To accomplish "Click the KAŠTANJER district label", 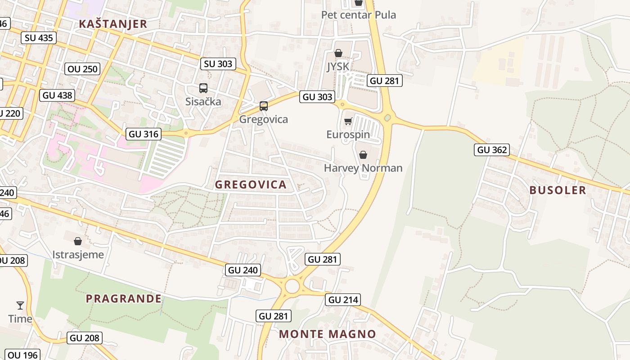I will pyautogui.click(x=113, y=24).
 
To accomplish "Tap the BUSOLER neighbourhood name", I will pyautogui.click(x=558, y=190).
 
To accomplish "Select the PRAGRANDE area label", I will pyautogui.click(x=124, y=298).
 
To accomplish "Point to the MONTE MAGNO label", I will pyautogui.click(x=327, y=334).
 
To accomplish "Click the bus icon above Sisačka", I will pyautogui.click(x=203, y=88).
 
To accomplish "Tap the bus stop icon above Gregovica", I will pyautogui.click(x=264, y=106).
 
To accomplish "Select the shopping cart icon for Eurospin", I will pyautogui.click(x=348, y=121).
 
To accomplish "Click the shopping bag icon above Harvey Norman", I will pyautogui.click(x=363, y=155).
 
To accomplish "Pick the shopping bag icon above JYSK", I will pyautogui.click(x=338, y=54).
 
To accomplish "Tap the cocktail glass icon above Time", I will pyautogui.click(x=20, y=306).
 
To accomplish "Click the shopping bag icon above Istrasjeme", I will pyautogui.click(x=78, y=241).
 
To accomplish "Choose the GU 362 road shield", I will pyautogui.click(x=491, y=150).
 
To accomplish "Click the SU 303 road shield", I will pyautogui.click(x=218, y=64).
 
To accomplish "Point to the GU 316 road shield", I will pyautogui.click(x=143, y=134).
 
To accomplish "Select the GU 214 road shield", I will pyautogui.click(x=344, y=300).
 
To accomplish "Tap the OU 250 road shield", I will pyautogui.click(x=82, y=69).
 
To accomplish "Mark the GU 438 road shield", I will pyautogui.click(x=57, y=95).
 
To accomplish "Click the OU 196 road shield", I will pyautogui.click(x=23, y=355).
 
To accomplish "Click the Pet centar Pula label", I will pyautogui.click(x=359, y=15).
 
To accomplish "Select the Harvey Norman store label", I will pyautogui.click(x=363, y=168).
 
